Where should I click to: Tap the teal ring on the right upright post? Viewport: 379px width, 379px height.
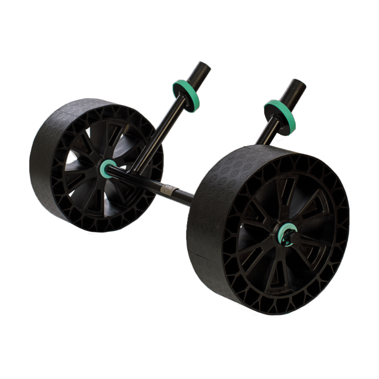tap(277, 113)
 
